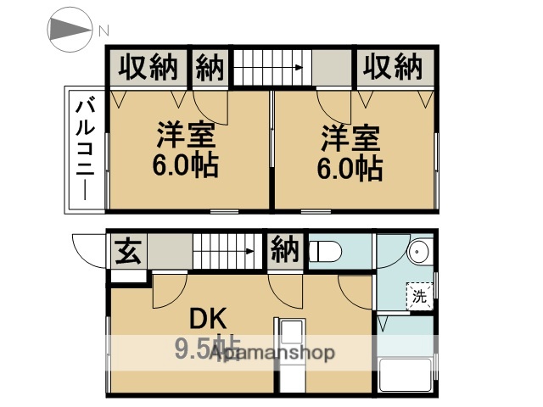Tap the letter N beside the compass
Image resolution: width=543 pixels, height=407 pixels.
click(x=104, y=31)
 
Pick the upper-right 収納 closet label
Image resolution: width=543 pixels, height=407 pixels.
click(x=393, y=66)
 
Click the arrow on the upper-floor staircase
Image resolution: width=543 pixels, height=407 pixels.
click(x=297, y=67)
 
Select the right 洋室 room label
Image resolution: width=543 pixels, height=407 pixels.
click(x=349, y=136)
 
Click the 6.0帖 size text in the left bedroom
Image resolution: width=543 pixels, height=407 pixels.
click(x=185, y=165)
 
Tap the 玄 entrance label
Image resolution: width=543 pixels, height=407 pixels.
click(x=128, y=252)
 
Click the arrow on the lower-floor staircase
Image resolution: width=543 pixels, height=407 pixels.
click(x=250, y=251)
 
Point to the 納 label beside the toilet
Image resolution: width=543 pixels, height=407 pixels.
click(x=284, y=251)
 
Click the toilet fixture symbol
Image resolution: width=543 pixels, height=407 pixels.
click(x=326, y=252)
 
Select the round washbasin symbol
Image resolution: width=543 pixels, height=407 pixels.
click(x=417, y=253)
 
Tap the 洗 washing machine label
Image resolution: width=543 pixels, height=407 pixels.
click(x=419, y=296)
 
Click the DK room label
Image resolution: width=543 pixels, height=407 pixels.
click(x=206, y=320)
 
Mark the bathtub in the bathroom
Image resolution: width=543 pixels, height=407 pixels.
click(x=406, y=376)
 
